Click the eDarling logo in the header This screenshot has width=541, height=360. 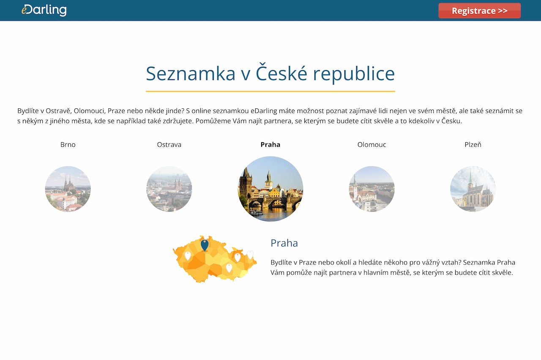click(44, 10)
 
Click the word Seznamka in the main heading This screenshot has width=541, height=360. click(191, 74)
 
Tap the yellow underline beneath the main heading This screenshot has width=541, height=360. click(270, 91)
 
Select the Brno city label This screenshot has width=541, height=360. click(68, 145)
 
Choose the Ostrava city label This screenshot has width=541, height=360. click(169, 145)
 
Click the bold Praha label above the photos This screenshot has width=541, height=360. click(270, 145)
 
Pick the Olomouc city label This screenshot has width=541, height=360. click(372, 145)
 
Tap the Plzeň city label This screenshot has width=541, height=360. click(473, 145)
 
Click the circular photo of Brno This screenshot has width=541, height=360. click(68, 189)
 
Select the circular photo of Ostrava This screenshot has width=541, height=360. click(169, 189)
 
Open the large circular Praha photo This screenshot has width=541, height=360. click(270, 189)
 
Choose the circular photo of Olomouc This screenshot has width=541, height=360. click(372, 189)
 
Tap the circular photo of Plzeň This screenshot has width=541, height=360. click(473, 189)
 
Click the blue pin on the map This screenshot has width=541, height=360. click(205, 245)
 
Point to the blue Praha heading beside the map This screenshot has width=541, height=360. click(284, 243)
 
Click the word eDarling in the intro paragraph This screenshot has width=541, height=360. click(264, 111)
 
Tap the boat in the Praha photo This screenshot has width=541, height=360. click(256, 212)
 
